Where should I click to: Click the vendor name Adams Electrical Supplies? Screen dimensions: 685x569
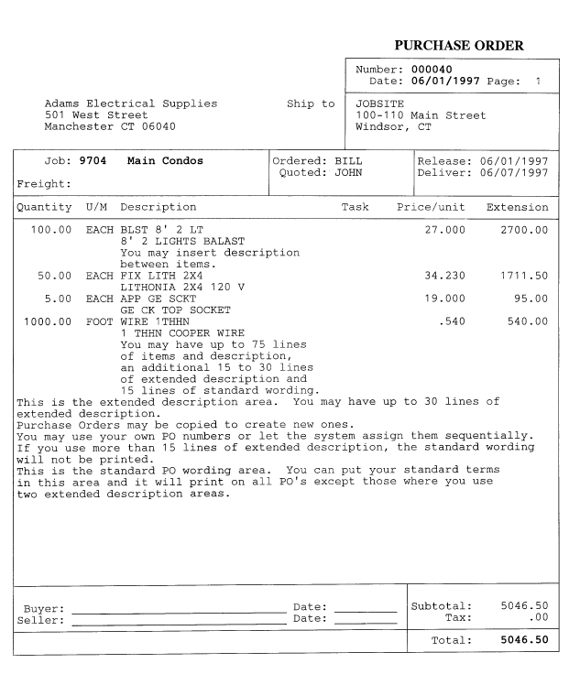132,103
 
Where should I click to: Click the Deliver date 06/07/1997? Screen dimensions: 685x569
517,173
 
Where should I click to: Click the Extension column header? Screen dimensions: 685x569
517,207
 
